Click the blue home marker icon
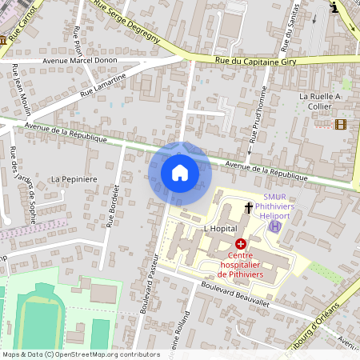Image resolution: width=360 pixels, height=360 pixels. (x=180, y=173)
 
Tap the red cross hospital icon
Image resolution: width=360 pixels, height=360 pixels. (x=241, y=242)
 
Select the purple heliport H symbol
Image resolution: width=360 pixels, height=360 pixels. (x=275, y=226)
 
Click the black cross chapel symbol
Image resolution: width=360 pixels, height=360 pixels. (x=249, y=208)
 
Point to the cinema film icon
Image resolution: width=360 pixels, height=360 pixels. (x=342, y=124)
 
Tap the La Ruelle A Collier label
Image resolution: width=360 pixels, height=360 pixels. (x=319, y=101)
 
